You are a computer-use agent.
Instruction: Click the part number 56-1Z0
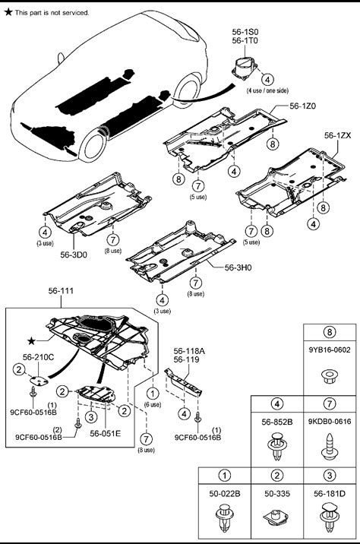click(303, 106)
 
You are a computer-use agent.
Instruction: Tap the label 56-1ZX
click(337, 135)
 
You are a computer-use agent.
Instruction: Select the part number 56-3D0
click(74, 255)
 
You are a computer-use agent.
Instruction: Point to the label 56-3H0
click(238, 267)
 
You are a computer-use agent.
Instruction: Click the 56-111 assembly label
click(61, 291)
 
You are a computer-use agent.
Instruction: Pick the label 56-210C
click(39, 357)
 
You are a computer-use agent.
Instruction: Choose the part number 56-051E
click(106, 433)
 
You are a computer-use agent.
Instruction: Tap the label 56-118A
click(189, 351)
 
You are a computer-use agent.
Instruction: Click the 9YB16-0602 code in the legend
click(330, 349)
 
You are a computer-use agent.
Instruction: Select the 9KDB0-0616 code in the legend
click(330, 422)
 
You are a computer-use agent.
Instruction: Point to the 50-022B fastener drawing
click(224, 517)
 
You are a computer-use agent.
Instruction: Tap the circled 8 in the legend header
click(330, 332)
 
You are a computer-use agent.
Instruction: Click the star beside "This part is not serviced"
click(8, 12)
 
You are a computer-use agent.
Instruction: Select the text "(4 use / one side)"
click(267, 90)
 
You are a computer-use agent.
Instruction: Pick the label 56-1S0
click(245, 32)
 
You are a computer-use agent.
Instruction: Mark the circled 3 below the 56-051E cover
click(91, 416)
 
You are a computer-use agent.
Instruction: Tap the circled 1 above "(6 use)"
click(153, 394)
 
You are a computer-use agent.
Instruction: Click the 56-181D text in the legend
click(330, 494)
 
